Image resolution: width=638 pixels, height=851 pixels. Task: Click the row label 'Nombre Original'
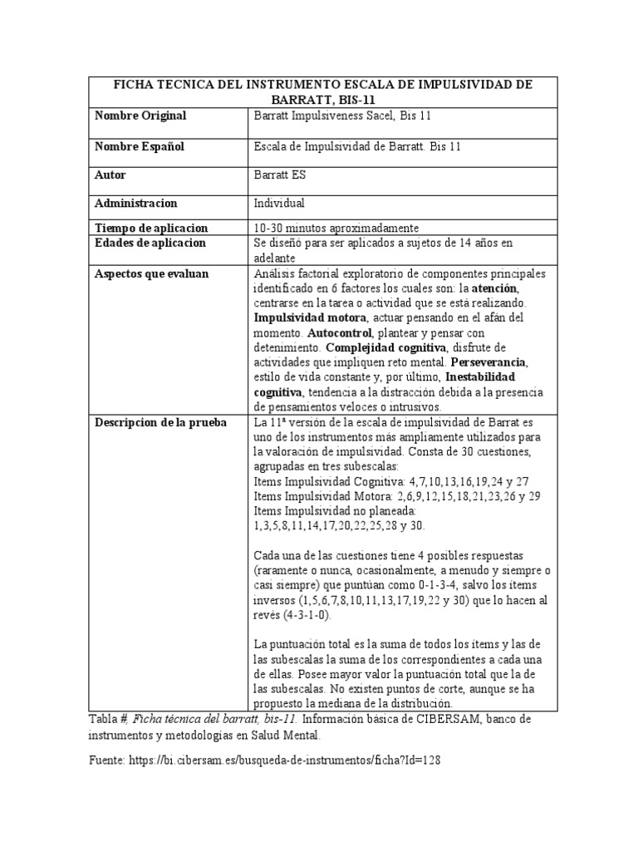click(x=140, y=116)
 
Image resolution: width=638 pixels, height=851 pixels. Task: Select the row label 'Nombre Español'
click(x=140, y=147)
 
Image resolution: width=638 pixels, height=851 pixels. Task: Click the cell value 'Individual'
click(x=279, y=204)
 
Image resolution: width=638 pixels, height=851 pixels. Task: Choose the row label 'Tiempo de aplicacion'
click(x=151, y=229)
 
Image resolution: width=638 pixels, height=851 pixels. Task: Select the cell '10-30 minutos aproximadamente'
click(x=336, y=229)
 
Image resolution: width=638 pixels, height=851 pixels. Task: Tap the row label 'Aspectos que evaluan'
click(x=152, y=274)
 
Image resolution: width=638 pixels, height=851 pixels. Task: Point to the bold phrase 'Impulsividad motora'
click(x=307, y=318)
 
